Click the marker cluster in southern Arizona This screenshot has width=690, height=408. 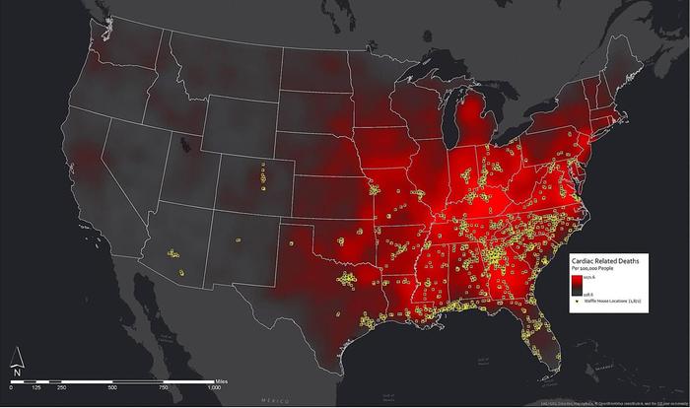click(x=175, y=257)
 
